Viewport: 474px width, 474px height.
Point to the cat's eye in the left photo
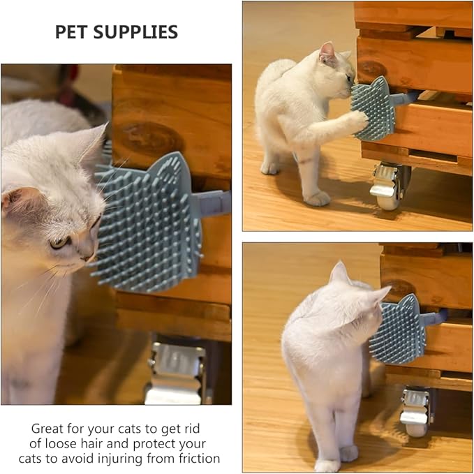[x=61, y=242]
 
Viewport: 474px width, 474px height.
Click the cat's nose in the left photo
[x=89, y=256]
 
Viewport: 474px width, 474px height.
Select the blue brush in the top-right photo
[x=373, y=108]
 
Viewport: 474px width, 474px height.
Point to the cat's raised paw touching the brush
[x=357, y=120]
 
